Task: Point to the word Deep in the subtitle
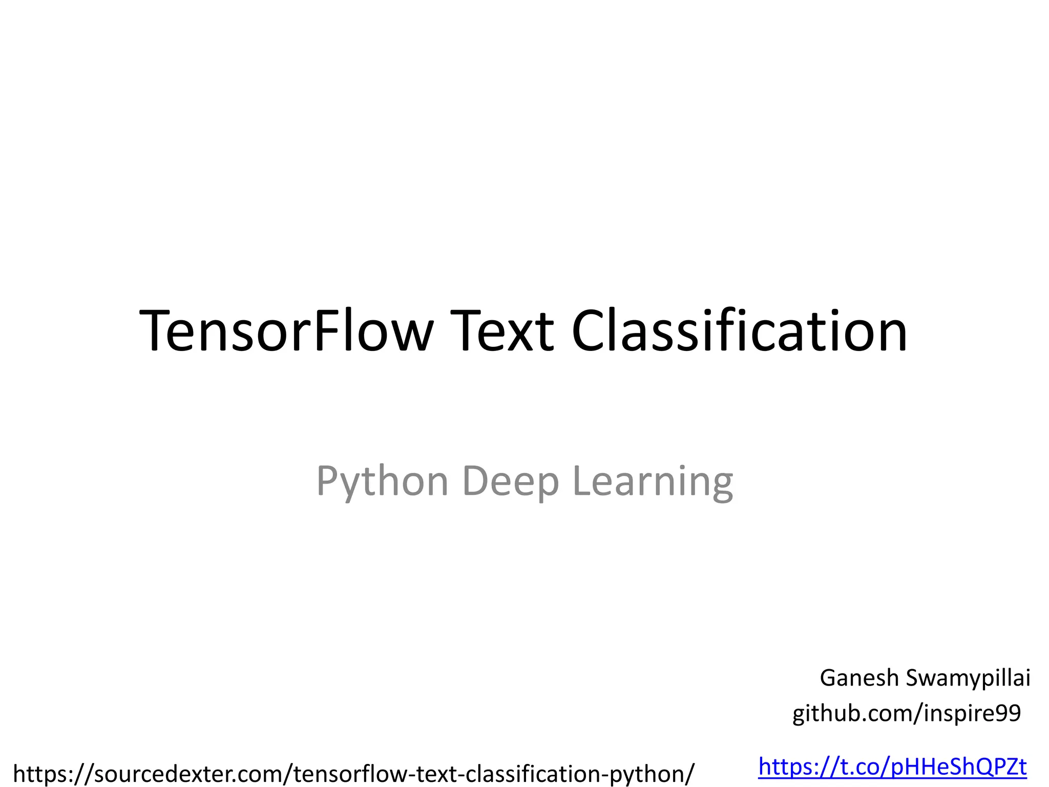pos(510,482)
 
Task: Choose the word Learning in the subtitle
pos(653,482)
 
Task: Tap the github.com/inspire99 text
pos(907,713)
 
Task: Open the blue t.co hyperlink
pos(892,767)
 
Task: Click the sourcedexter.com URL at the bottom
pos(353,773)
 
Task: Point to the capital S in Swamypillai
pos(914,678)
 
